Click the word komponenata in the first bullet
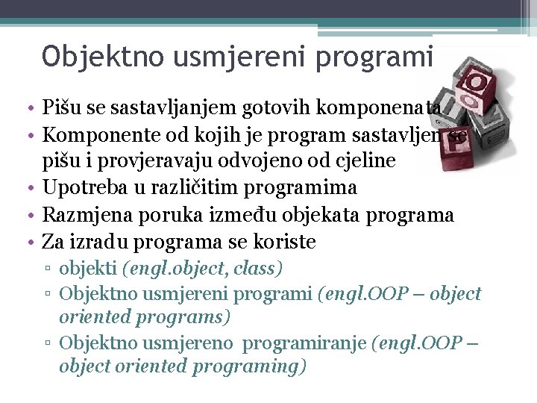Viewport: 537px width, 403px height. click(x=380, y=110)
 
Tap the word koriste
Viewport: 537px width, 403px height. click(x=286, y=242)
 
